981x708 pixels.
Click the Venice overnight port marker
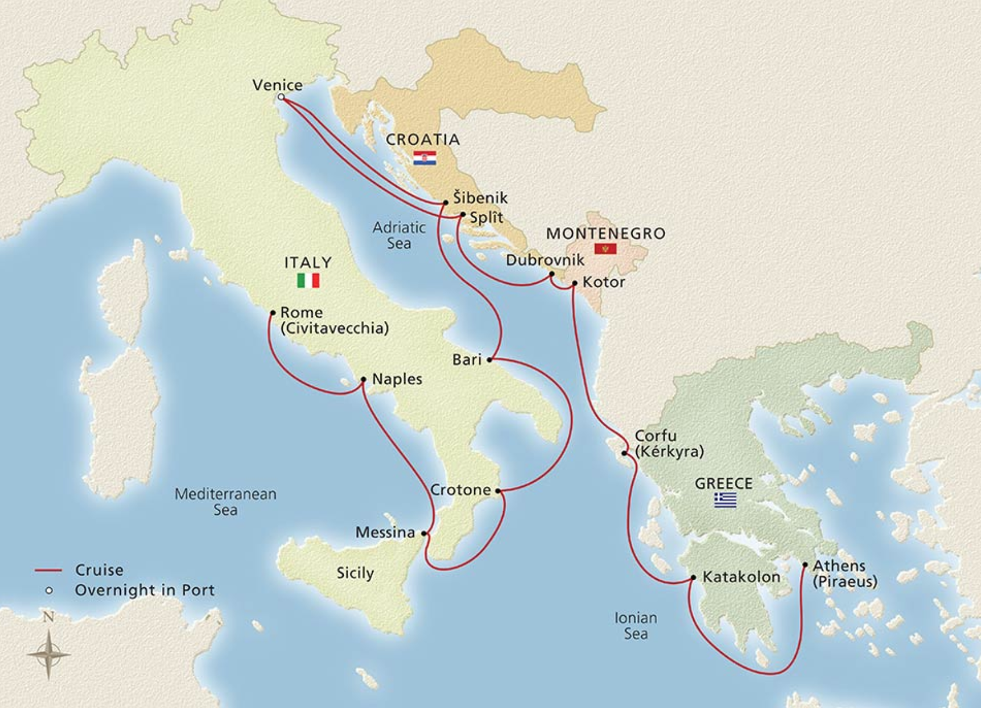(281, 97)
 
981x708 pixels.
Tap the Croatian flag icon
(424, 158)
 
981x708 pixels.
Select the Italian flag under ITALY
(308, 281)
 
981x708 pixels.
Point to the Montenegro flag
(605, 249)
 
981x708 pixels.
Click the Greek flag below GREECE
(725, 500)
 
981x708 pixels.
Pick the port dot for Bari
(489, 360)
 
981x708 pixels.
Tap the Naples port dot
(363, 380)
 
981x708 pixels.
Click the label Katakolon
(741, 577)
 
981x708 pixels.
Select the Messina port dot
(424, 533)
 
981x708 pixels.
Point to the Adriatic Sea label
(399, 235)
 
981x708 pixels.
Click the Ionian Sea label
(636, 626)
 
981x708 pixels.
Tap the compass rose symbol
(49, 655)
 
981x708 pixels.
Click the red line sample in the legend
(48, 570)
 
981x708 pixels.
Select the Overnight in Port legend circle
(49, 590)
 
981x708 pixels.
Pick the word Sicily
(355, 573)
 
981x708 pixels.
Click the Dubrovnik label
(545, 260)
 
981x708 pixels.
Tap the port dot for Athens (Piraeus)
(805, 565)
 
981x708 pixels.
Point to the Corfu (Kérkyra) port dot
(625, 453)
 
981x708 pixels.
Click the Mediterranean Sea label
(225, 502)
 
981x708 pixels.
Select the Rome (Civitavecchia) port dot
(273, 313)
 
